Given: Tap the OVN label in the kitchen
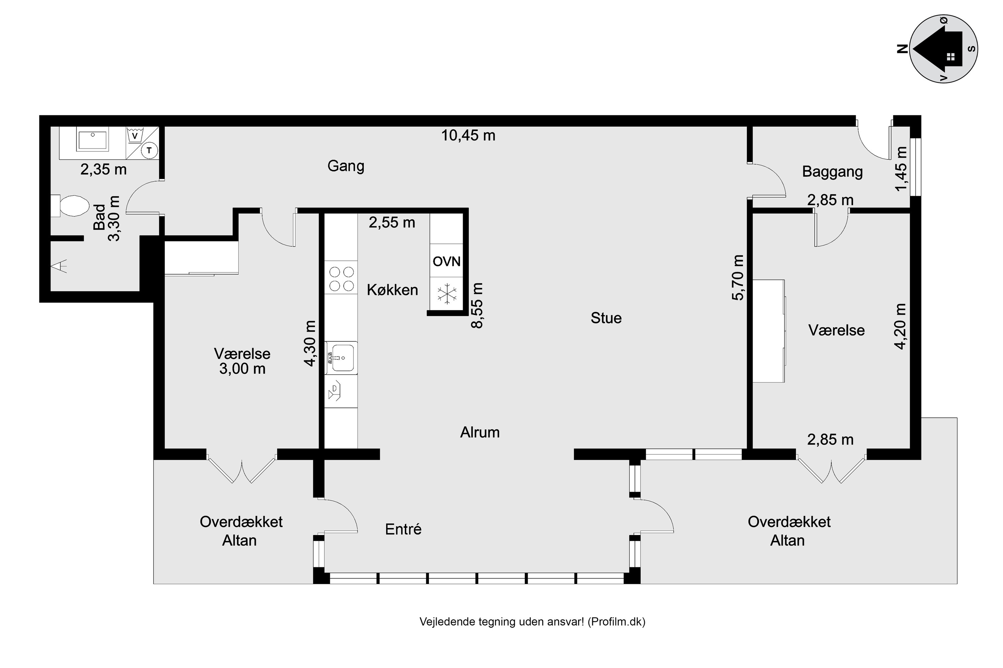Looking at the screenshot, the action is coord(446,261).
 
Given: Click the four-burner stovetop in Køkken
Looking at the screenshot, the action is coord(341,278).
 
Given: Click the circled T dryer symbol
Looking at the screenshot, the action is coord(149,150).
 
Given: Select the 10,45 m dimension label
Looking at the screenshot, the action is coord(468,136).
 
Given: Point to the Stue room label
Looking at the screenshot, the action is coord(606,318).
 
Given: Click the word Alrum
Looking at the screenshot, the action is coord(480,433).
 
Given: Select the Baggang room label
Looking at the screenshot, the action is coord(832,172).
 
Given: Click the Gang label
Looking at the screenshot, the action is coord(346,166).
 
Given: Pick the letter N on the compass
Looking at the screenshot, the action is coord(902,49).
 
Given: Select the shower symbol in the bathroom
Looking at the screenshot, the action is coord(59,266).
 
